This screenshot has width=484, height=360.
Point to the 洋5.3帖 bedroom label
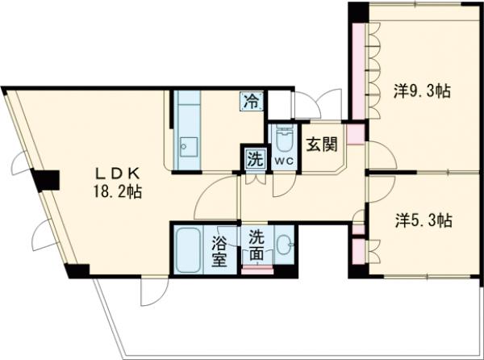(x=423, y=220)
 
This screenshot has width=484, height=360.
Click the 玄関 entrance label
(x=320, y=145)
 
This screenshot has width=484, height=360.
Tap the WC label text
(x=282, y=161)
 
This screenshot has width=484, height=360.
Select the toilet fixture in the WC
(x=282, y=140)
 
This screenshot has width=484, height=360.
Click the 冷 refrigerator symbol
(x=252, y=102)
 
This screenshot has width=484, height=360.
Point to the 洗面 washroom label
(x=256, y=245)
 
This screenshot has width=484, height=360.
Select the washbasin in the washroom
(x=284, y=243)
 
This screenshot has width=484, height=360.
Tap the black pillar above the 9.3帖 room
(x=357, y=11)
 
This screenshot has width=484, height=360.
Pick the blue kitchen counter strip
(x=188, y=129)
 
